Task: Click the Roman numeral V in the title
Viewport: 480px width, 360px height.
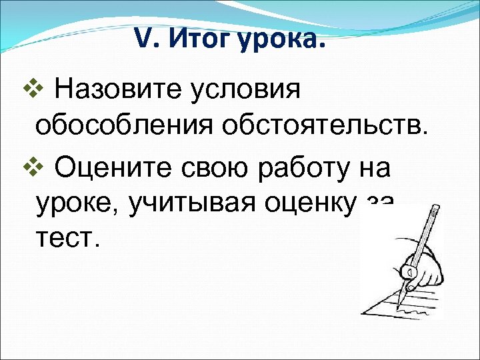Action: (143, 41)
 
